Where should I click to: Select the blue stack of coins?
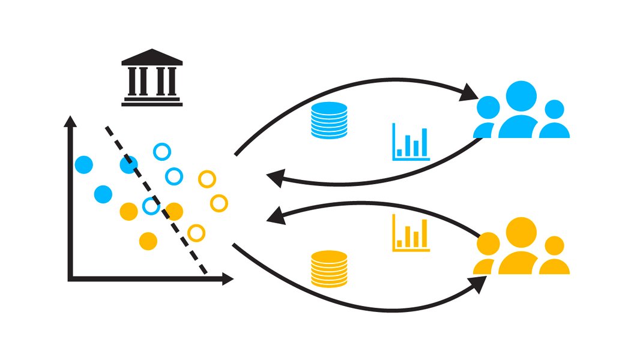pos(329,121)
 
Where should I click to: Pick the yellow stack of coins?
pos(329,269)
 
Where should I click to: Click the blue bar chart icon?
pos(411,142)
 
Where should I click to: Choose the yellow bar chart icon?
pos(411,233)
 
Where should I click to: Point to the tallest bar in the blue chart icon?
pos(424,142)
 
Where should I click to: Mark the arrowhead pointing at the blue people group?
pos(470,94)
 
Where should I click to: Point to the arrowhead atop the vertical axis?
pos(71,121)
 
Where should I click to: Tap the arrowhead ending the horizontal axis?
pos(227,278)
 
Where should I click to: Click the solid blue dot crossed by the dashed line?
pos(129,164)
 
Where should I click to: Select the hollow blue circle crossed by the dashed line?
pos(151,206)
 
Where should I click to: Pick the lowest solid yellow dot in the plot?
pos(148,241)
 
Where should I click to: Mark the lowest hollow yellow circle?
pos(196,233)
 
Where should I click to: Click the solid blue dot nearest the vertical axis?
pos(84,164)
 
